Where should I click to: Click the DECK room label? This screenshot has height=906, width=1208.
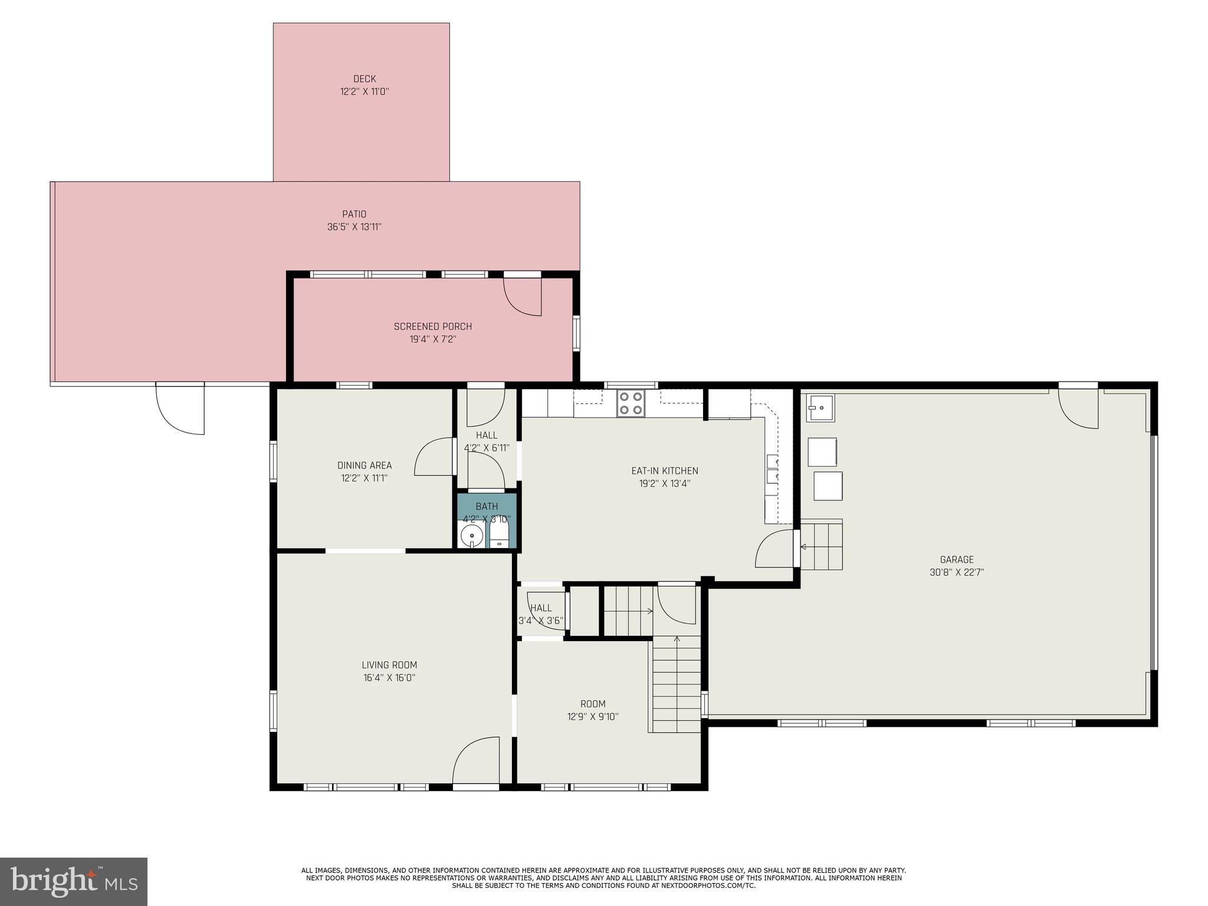[x=365, y=79]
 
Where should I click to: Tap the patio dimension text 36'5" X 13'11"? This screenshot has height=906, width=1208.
[x=354, y=227]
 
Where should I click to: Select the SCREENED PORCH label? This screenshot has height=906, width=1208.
[x=433, y=326]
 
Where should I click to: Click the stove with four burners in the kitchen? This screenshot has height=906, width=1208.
[x=630, y=403]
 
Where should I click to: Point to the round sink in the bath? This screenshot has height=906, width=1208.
[x=472, y=537]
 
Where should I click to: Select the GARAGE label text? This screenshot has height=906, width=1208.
[x=957, y=559]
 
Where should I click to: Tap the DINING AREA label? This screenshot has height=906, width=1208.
[x=365, y=465]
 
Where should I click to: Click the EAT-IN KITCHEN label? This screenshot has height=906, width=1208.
[x=665, y=471]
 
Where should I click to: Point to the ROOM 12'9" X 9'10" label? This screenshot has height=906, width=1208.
[x=593, y=710]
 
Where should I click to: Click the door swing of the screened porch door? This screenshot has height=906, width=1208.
[x=523, y=296]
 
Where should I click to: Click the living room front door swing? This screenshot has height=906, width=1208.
[x=476, y=760]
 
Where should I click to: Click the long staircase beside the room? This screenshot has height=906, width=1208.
[x=676, y=684]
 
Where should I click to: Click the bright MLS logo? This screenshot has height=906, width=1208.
[x=74, y=881]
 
